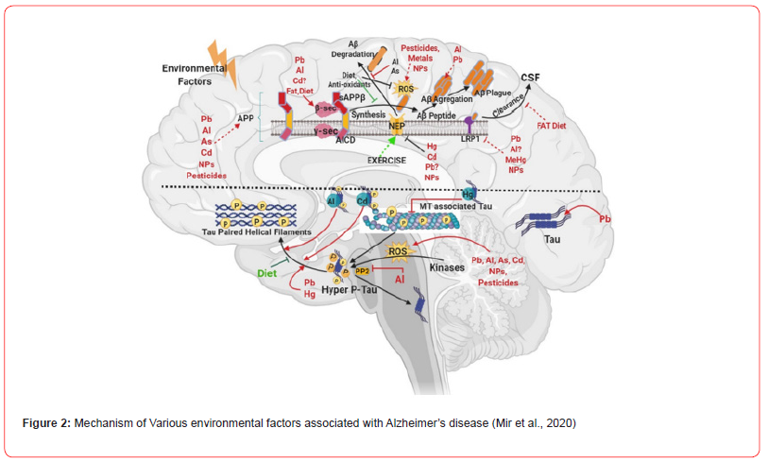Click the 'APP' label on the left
click(x=247, y=117)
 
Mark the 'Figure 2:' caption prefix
click(x=46, y=422)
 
